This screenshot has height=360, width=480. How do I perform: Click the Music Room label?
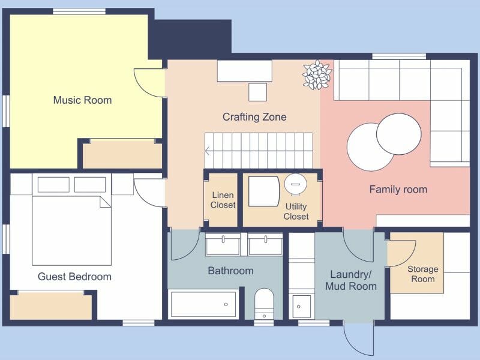coord(82,100)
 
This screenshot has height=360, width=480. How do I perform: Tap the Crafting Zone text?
coord(254,117)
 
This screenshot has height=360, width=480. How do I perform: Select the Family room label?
coord(398,190)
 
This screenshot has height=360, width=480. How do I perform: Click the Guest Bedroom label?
coord(74,277)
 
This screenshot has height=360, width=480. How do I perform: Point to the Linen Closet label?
coord(223,200)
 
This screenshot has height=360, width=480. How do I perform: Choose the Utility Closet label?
coord(296,211)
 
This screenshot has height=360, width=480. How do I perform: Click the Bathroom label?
coord(230,271)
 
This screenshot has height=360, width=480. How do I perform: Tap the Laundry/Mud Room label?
coord(351,280)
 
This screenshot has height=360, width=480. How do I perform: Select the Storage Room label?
coord(422,274)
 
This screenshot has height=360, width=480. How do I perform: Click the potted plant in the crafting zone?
coord(316,75)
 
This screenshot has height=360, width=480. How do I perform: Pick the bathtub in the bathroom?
coord(203,304)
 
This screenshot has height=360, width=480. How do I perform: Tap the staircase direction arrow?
coord(208,151)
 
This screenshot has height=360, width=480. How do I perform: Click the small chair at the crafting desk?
coord(257,92)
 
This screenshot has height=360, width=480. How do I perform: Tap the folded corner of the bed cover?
coord(105,202)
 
